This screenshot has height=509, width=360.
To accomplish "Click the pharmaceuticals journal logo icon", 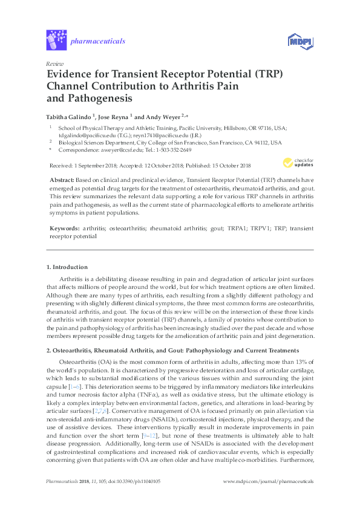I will [56, 41].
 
